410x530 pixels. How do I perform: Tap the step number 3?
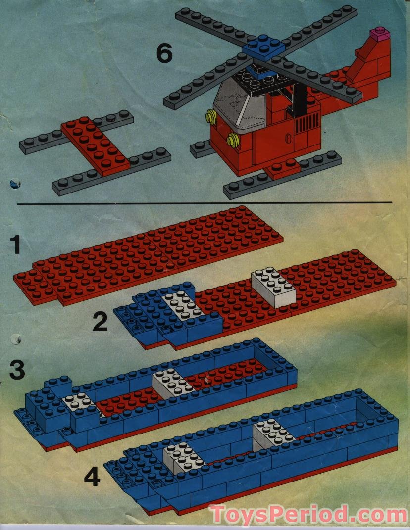pos(17,371)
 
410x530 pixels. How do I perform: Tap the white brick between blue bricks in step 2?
pos(182,306)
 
